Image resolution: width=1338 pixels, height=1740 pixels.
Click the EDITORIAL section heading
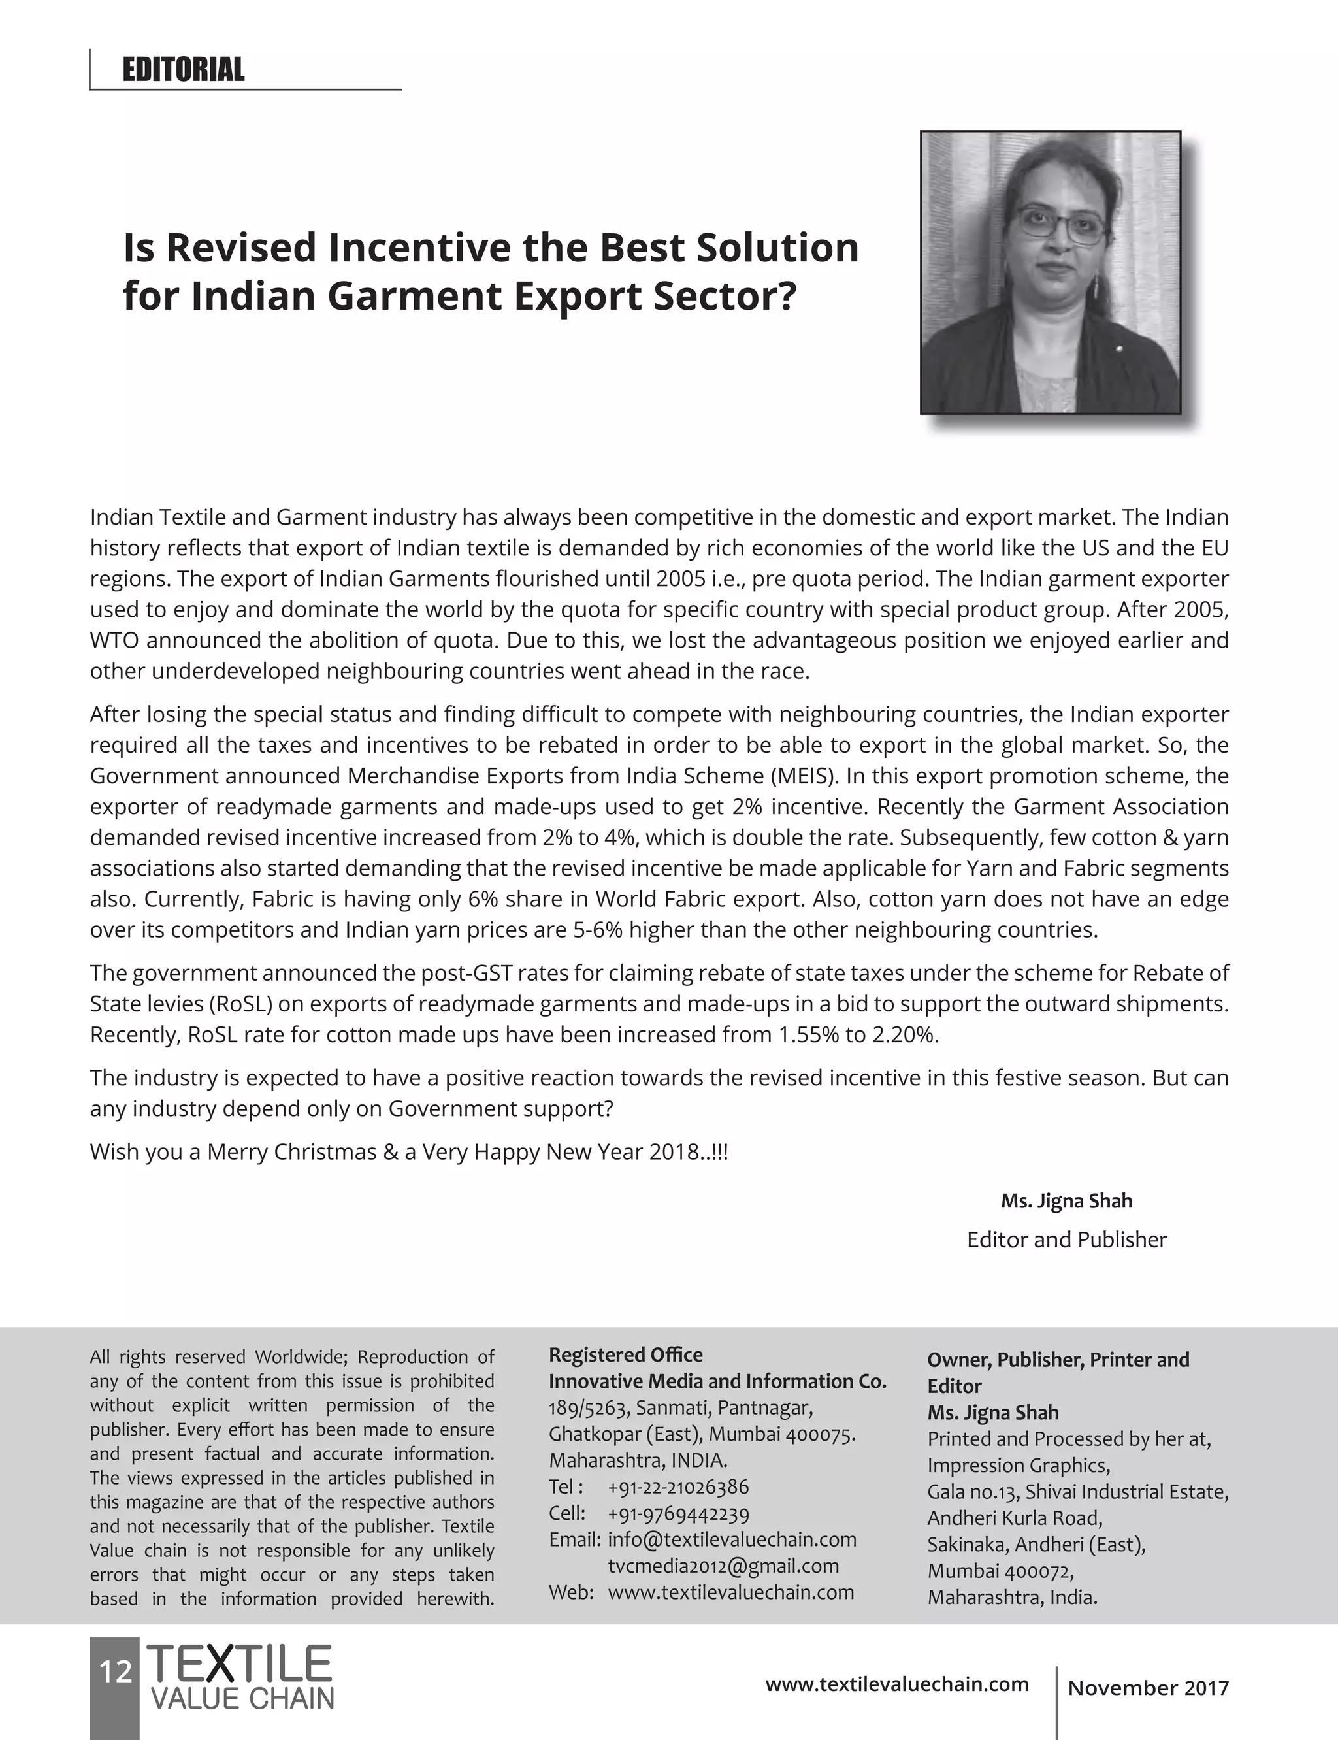[x=183, y=70]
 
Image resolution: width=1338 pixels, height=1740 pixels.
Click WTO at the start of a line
[x=115, y=640]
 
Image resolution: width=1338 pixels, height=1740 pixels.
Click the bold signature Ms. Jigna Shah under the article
[x=1066, y=1201]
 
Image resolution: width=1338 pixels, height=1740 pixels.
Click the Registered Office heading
[x=625, y=1354]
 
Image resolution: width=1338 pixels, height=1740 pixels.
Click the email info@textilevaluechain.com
[x=731, y=1539]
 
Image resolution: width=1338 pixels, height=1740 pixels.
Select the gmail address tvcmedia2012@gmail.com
[x=723, y=1566]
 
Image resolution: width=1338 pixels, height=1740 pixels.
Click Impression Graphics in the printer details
[x=1018, y=1466]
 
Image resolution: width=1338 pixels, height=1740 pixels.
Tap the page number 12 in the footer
[x=115, y=1671]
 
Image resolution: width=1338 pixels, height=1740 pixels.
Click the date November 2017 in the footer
[x=1148, y=1688]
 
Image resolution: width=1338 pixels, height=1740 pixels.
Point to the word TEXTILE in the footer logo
[x=240, y=1664]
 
